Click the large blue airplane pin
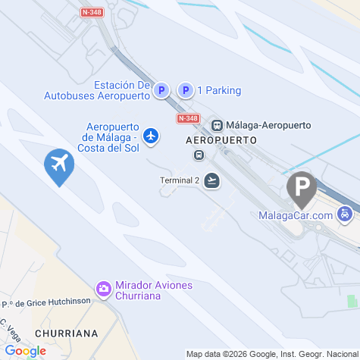[x=58, y=165]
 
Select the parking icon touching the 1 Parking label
[x=185, y=91]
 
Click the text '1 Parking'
[x=219, y=91]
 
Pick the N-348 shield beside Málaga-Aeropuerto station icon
[x=188, y=119]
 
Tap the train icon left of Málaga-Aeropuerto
[x=217, y=125]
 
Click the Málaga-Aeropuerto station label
[x=258, y=125]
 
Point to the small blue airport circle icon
[x=152, y=136]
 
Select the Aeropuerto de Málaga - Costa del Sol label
[x=109, y=136]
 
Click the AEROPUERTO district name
[x=221, y=141]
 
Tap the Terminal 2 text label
[x=180, y=180]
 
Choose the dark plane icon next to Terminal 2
[x=212, y=180]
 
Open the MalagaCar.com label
[x=296, y=215]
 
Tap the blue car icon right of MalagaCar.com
[x=345, y=214]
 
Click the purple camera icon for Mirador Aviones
[x=103, y=289]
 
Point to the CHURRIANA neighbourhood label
[x=67, y=333]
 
